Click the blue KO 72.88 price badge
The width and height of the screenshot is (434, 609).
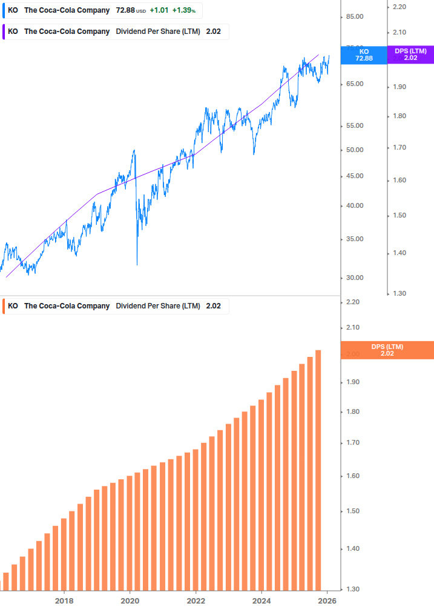364,55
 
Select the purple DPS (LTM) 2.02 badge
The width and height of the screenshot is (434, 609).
410,55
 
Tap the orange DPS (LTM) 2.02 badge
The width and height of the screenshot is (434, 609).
387,350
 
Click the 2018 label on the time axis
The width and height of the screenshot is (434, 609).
64,601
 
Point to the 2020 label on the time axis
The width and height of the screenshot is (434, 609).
130,601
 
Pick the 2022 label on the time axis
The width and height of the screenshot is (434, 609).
196,601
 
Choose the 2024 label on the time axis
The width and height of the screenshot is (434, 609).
261,601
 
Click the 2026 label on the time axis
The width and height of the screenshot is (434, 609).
327,601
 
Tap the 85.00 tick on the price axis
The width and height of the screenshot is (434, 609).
354,16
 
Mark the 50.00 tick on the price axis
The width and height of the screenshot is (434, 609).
354,150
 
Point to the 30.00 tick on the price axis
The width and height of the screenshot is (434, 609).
354,278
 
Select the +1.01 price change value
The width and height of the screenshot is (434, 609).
159,10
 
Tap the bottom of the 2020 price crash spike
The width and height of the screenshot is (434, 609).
137,264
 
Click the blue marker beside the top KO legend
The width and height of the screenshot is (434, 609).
2,10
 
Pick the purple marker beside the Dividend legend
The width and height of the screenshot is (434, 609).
2,32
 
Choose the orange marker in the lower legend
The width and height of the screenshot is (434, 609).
2,306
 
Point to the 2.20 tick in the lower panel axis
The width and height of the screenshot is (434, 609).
354,302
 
